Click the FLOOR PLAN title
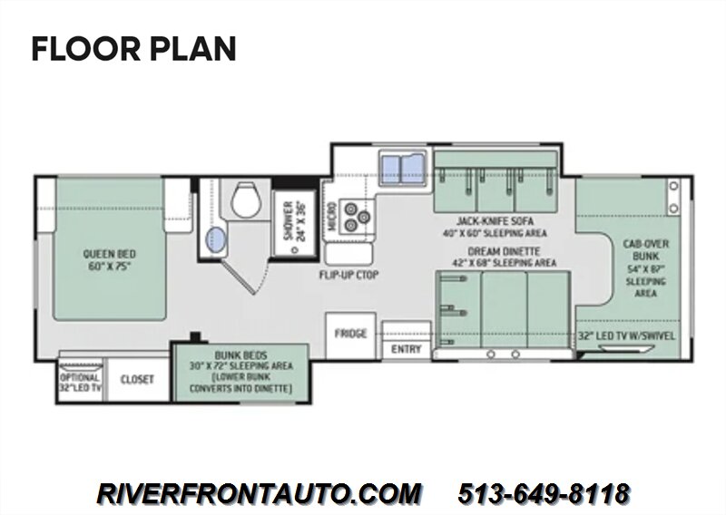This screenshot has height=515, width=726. [133, 49]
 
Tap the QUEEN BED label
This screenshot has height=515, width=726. [109, 254]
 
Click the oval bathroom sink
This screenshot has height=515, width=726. [215, 239]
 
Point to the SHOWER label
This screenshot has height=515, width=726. [288, 220]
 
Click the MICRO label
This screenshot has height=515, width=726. [331, 215]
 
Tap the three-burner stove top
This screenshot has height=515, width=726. [356, 216]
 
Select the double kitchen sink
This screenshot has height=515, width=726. [402, 168]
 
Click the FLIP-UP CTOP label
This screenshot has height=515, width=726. [348, 276]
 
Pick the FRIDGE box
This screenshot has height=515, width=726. [350, 335]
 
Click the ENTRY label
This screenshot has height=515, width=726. [406, 349]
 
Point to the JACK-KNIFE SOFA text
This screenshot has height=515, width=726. [495, 220]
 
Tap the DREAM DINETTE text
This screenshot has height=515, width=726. [504, 251]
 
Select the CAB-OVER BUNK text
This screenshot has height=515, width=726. [645, 250]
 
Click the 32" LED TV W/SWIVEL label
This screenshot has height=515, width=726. [627, 336]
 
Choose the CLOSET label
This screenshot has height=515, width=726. [137, 379]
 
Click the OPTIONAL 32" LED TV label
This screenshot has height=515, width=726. [80, 384]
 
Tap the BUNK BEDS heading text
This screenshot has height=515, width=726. [240, 355]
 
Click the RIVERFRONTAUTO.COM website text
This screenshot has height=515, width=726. [259, 493]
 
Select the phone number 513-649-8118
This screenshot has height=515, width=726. [544, 493]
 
